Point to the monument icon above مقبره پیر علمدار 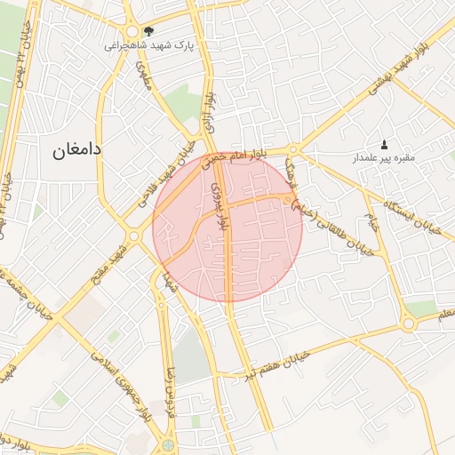[x=384, y=145]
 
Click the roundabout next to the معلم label [x=408, y=324]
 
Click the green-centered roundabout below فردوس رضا [x=169, y=444]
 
